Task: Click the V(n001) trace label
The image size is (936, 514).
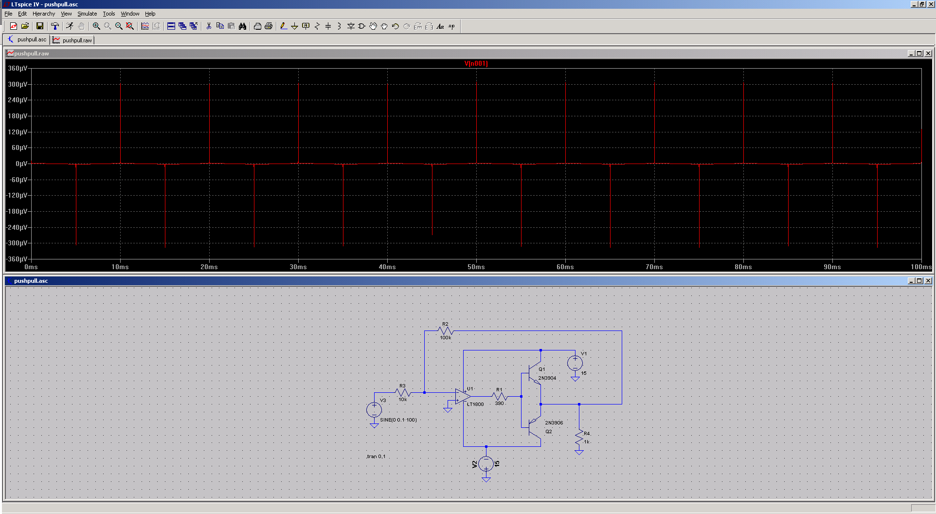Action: coord(476,63)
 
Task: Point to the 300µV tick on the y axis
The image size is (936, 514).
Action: coord(18,84)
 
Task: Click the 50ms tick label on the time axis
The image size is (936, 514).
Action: coord(476,267)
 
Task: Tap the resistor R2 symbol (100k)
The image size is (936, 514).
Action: coord(446,331)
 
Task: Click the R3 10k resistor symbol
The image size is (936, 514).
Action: coord(403,392)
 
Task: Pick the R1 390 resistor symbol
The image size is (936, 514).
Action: coord(500,396)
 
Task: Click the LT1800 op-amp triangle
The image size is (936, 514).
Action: coord(463,396)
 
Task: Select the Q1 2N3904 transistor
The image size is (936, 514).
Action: coord(534,373)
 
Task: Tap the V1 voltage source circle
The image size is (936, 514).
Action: coord(575,363)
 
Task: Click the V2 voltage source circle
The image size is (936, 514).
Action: coord(486,464)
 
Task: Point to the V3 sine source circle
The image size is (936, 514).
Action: coord(374,410)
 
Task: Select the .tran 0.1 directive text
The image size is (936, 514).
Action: coord(376,457)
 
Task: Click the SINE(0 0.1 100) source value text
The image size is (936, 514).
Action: coord(398,420)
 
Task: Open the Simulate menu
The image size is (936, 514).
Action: coord(87,14)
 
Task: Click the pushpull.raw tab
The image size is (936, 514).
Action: coord(72,40)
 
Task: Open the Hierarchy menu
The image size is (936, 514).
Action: coord(44,14)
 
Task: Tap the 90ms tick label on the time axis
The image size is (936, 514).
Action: coord(832,267)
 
